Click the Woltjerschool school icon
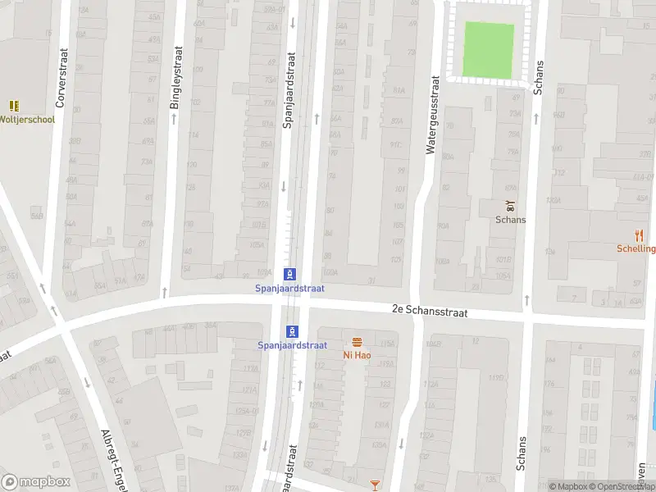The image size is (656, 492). [x=14, y=106]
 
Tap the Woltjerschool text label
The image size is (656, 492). [x=27, y=119]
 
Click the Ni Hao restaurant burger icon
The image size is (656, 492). [x=358, y=342]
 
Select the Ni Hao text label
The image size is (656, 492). [x=358, y=355]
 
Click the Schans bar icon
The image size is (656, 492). [x=510, y=205]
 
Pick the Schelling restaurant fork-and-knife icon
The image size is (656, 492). [x=639, y=235]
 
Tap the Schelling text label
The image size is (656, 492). [x=637, y=248]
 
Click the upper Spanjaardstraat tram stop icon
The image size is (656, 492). [x=289, y=274]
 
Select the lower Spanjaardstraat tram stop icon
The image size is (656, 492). [x=293, y=330]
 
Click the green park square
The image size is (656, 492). [x=490, y=50]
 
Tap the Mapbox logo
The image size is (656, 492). [x=36, y=482]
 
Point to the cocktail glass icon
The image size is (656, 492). [x=376, y=485]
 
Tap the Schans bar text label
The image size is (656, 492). [x=510, y=219]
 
